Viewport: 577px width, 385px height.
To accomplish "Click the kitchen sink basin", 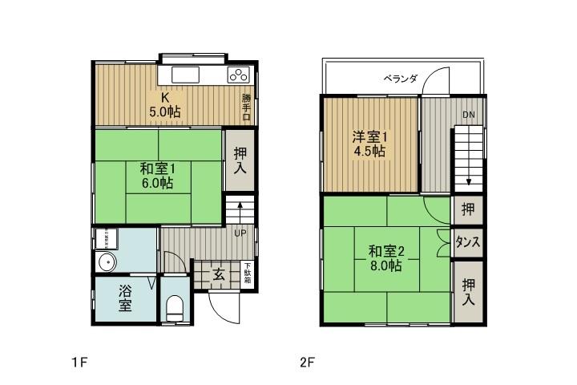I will pos(185,75).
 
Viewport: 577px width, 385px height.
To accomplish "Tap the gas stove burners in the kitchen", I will pos(238,75).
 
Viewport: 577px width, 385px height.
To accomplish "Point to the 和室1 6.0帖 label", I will pos(157,176).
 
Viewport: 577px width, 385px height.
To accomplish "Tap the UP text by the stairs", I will pos(240,233).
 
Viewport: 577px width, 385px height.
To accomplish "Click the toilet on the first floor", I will pos(176,309).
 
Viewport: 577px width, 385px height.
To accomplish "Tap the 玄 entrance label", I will pos(218,274).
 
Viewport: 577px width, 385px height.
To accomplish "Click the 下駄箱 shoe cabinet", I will pos(248,273).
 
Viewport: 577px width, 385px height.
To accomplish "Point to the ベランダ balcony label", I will pos(400,78).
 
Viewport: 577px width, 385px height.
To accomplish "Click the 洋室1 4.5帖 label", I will pos(369,142).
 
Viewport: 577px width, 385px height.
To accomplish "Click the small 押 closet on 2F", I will pos(468,209).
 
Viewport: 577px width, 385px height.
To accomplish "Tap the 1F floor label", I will pos(78,362).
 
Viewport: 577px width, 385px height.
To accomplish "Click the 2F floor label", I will pos(305,362).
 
